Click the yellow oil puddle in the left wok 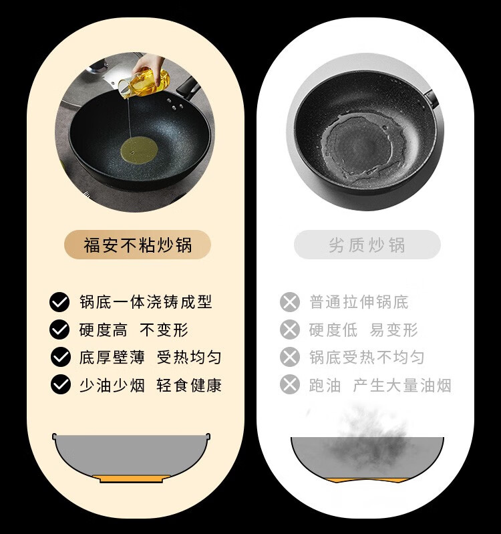point(139,150)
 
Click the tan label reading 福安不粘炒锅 point(138,245)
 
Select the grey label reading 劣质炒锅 point(367,245)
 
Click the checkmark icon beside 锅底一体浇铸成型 point(59,302)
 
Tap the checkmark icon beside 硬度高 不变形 point(59,329)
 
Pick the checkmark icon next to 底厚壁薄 point(61,358)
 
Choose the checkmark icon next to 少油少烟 point(61,385)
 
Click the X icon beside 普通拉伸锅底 point(290,302)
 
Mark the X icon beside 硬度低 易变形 point(290,329)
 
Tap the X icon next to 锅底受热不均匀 point(290,358)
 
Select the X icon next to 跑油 point(290,385)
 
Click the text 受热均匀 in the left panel point(189,358)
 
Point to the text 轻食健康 point(189,385)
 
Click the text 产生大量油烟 point(402,385)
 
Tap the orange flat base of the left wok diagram point(132,479)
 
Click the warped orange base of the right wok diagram point(367,480)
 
